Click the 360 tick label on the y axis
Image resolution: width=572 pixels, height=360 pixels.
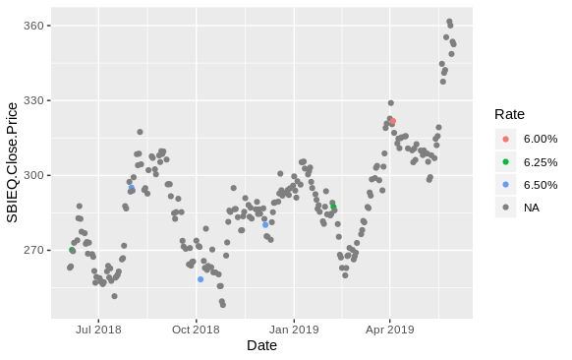tap(33, 26)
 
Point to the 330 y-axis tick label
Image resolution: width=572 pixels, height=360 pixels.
tap(33, 100)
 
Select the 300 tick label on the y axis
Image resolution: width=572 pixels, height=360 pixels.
tap(33, 175)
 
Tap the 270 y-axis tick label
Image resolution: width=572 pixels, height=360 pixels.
tap(33, 250)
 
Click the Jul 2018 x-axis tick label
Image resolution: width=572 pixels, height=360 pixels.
tap(98, 329)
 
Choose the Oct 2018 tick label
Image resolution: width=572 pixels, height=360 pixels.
tap(196, 329)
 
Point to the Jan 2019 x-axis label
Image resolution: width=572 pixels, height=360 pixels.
tap(295, 329)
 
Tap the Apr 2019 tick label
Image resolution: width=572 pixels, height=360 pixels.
tap(389, 329)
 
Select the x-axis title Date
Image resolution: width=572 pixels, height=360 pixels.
tap(261, 345)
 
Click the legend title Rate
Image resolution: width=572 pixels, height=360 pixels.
tap(509, 114)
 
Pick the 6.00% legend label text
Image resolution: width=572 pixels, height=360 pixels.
tap(541, 139)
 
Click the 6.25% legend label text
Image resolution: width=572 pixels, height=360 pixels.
tap(541, 161)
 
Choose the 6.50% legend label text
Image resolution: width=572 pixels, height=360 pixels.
tap(541, 185)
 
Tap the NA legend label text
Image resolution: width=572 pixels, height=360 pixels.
tap(532, 208)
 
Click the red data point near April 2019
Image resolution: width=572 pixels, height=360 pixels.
tap(392, 122)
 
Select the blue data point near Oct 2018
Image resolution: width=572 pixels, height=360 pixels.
tap(200, 279)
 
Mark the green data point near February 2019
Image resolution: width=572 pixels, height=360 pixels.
tap(333, 206)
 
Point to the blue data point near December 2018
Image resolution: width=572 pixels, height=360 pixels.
tap(265, 225)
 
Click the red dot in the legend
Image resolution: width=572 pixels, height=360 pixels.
tap(505, 139)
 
